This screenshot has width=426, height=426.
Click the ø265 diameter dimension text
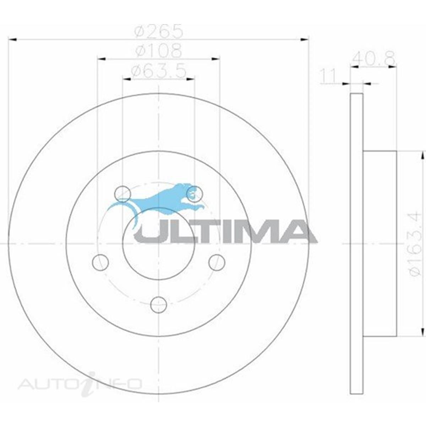pos(159,32)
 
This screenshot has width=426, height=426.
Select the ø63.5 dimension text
pos(159,71)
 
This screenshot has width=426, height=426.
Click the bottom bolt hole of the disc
pos(158,305)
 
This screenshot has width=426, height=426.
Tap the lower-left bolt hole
pos(100,262)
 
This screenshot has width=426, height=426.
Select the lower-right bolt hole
pos(217,262)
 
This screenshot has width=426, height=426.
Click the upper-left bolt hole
pos(122,194)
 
